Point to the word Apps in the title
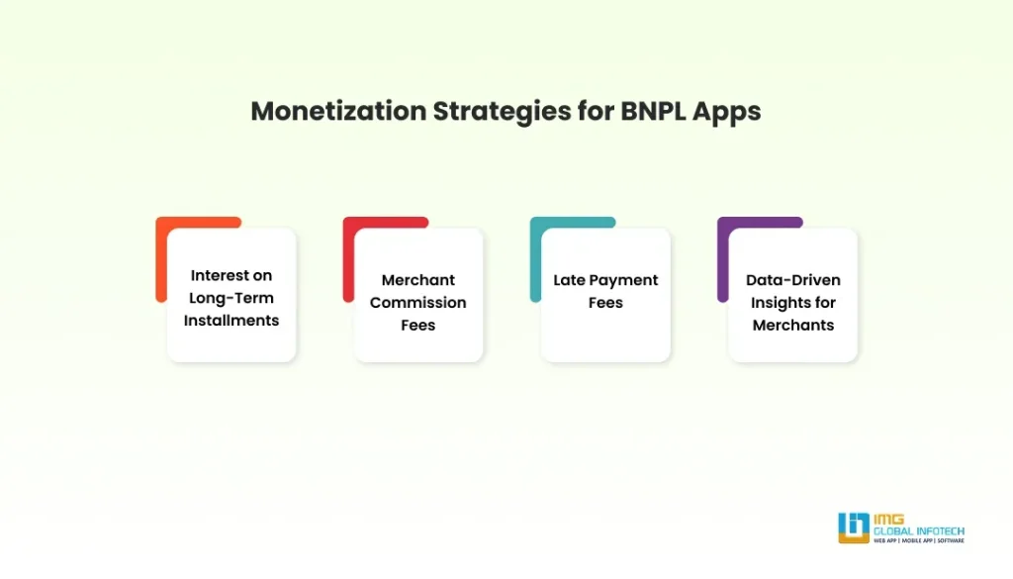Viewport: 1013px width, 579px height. pyautogui.click(x=727, y=111)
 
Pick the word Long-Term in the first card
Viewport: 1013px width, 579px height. pyautogui.click(x=231, y=298)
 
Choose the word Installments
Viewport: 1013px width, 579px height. pyautogui.click(x=231, y=320)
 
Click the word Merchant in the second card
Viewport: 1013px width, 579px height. pyautogui.click(x=418, y=280)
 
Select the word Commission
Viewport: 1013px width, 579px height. pyautogui.click(x=418, y=303)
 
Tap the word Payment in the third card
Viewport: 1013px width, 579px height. pyautogui.click(x=624, y=280)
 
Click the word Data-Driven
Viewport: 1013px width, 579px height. pyautogui.click(x=793, y=280)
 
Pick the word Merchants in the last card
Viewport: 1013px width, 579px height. pyautogui.click(x=793, y=325)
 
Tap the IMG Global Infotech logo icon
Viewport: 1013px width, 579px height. pyautogui.click(x=853, y=527)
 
